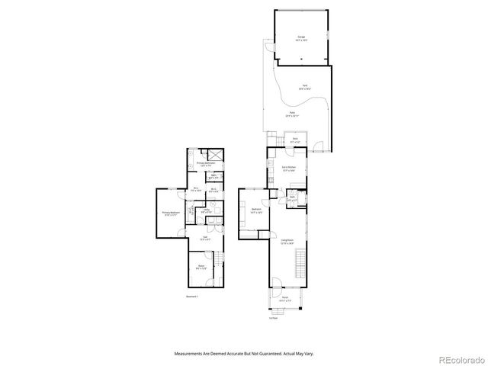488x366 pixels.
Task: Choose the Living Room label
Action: tap(287, 242)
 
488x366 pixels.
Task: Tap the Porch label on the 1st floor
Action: tap(285, 299)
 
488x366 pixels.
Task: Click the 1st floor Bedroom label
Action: tap(257, 210)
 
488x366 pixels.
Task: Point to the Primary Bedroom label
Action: tap(171, 213)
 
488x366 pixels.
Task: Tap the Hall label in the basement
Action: tap(204, 239)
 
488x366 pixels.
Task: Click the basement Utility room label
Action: tap(206, 210)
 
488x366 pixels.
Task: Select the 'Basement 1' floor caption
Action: tap(191, 297)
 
